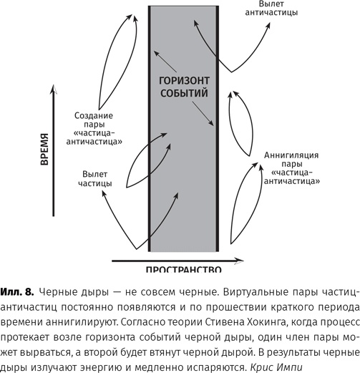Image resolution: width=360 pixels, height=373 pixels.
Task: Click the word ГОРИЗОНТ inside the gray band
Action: (x=183, y=81)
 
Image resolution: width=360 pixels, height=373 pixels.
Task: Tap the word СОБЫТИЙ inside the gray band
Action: (x=183, y=92)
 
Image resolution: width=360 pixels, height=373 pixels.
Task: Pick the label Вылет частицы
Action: (x=95, y=178)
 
